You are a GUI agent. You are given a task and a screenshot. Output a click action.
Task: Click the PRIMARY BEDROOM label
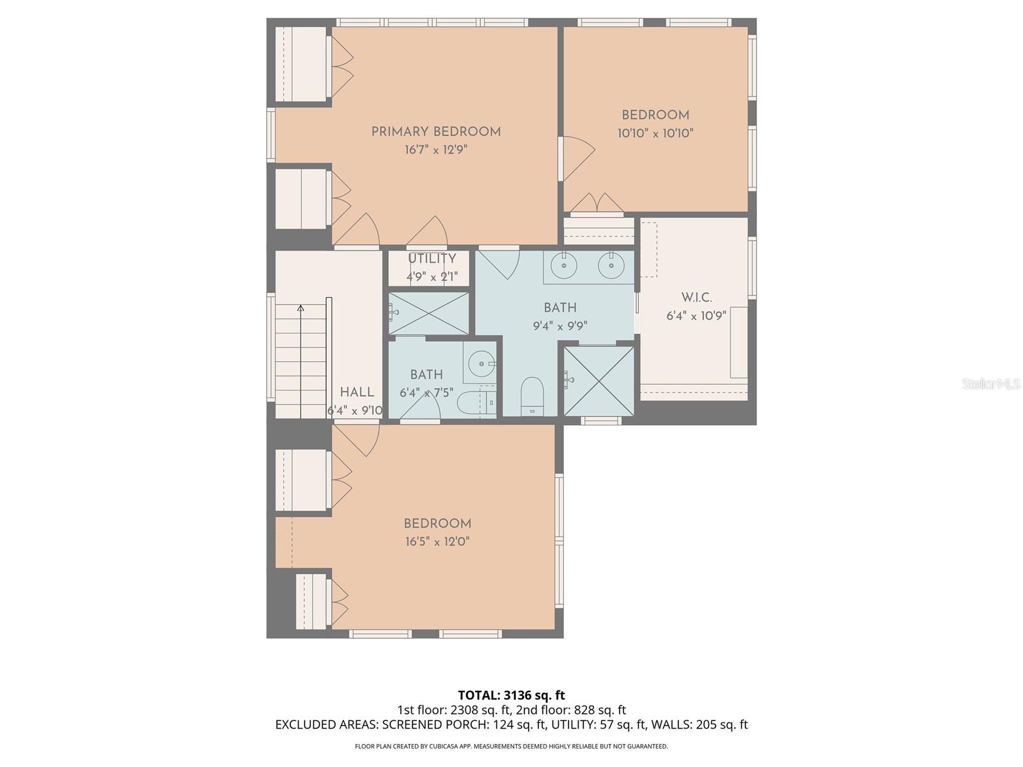[x=435, y=132]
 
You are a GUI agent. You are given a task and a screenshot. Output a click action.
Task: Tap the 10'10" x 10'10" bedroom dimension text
[x=655, y=134]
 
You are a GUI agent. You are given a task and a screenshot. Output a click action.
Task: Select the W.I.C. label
[x=696, y=297]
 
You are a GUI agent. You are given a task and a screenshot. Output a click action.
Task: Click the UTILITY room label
[x=432, y=258]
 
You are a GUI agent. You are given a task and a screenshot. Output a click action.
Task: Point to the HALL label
[x=357, y=392]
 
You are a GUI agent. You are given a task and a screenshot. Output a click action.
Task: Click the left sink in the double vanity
[x=565, y=265]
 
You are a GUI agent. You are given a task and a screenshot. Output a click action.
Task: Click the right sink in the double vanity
[x=611, y=265]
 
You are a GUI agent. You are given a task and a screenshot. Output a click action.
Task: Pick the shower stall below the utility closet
[x=428, y=313]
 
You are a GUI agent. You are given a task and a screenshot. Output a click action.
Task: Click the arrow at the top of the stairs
[x=301, y=309]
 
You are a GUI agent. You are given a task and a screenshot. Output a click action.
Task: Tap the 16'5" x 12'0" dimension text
[x=437, y=542]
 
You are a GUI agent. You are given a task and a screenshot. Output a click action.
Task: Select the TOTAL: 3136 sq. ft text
[x=511, y=695]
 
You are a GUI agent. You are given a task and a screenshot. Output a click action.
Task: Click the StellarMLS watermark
[x=990, y=383]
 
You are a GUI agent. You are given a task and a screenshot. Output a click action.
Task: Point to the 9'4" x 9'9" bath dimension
[x=560, y=326]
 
